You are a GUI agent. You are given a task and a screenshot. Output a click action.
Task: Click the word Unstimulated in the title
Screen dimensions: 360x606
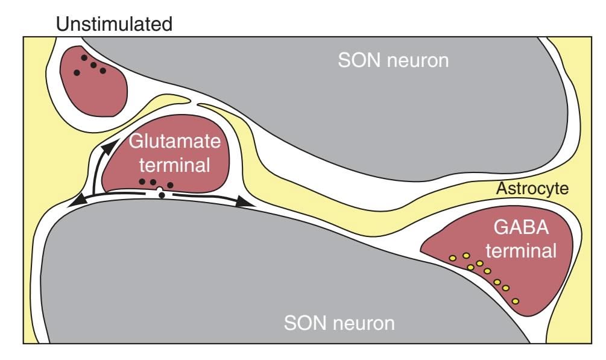tap(113, 25)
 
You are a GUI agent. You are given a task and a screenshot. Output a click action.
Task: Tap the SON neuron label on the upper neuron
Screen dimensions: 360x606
tap(394, 60)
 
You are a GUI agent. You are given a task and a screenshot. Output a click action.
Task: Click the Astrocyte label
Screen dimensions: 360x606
tap(532, 189)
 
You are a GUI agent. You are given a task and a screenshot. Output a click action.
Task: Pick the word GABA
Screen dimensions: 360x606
tap(515, 230)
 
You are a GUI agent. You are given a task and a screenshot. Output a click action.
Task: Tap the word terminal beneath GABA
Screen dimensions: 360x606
tap(521, 250)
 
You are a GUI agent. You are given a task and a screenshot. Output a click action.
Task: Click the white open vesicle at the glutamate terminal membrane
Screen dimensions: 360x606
tap(159, 191)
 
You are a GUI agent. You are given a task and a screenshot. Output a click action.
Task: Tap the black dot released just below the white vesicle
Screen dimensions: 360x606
tap(162, 196)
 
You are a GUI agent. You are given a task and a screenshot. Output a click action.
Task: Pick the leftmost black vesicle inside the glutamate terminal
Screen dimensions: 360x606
tap(142, 182)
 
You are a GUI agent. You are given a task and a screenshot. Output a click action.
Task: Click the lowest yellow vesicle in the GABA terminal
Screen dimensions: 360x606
tap(516, 301)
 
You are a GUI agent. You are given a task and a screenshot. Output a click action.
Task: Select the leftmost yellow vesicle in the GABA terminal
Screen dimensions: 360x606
tap(453, 258)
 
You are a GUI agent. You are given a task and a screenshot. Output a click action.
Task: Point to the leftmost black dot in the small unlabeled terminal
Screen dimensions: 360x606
tap(77, 72)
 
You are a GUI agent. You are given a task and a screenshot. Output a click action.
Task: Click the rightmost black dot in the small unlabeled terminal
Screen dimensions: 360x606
tap(103, 71)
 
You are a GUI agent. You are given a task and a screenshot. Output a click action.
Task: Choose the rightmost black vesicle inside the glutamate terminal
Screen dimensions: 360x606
tap(170, 185)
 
